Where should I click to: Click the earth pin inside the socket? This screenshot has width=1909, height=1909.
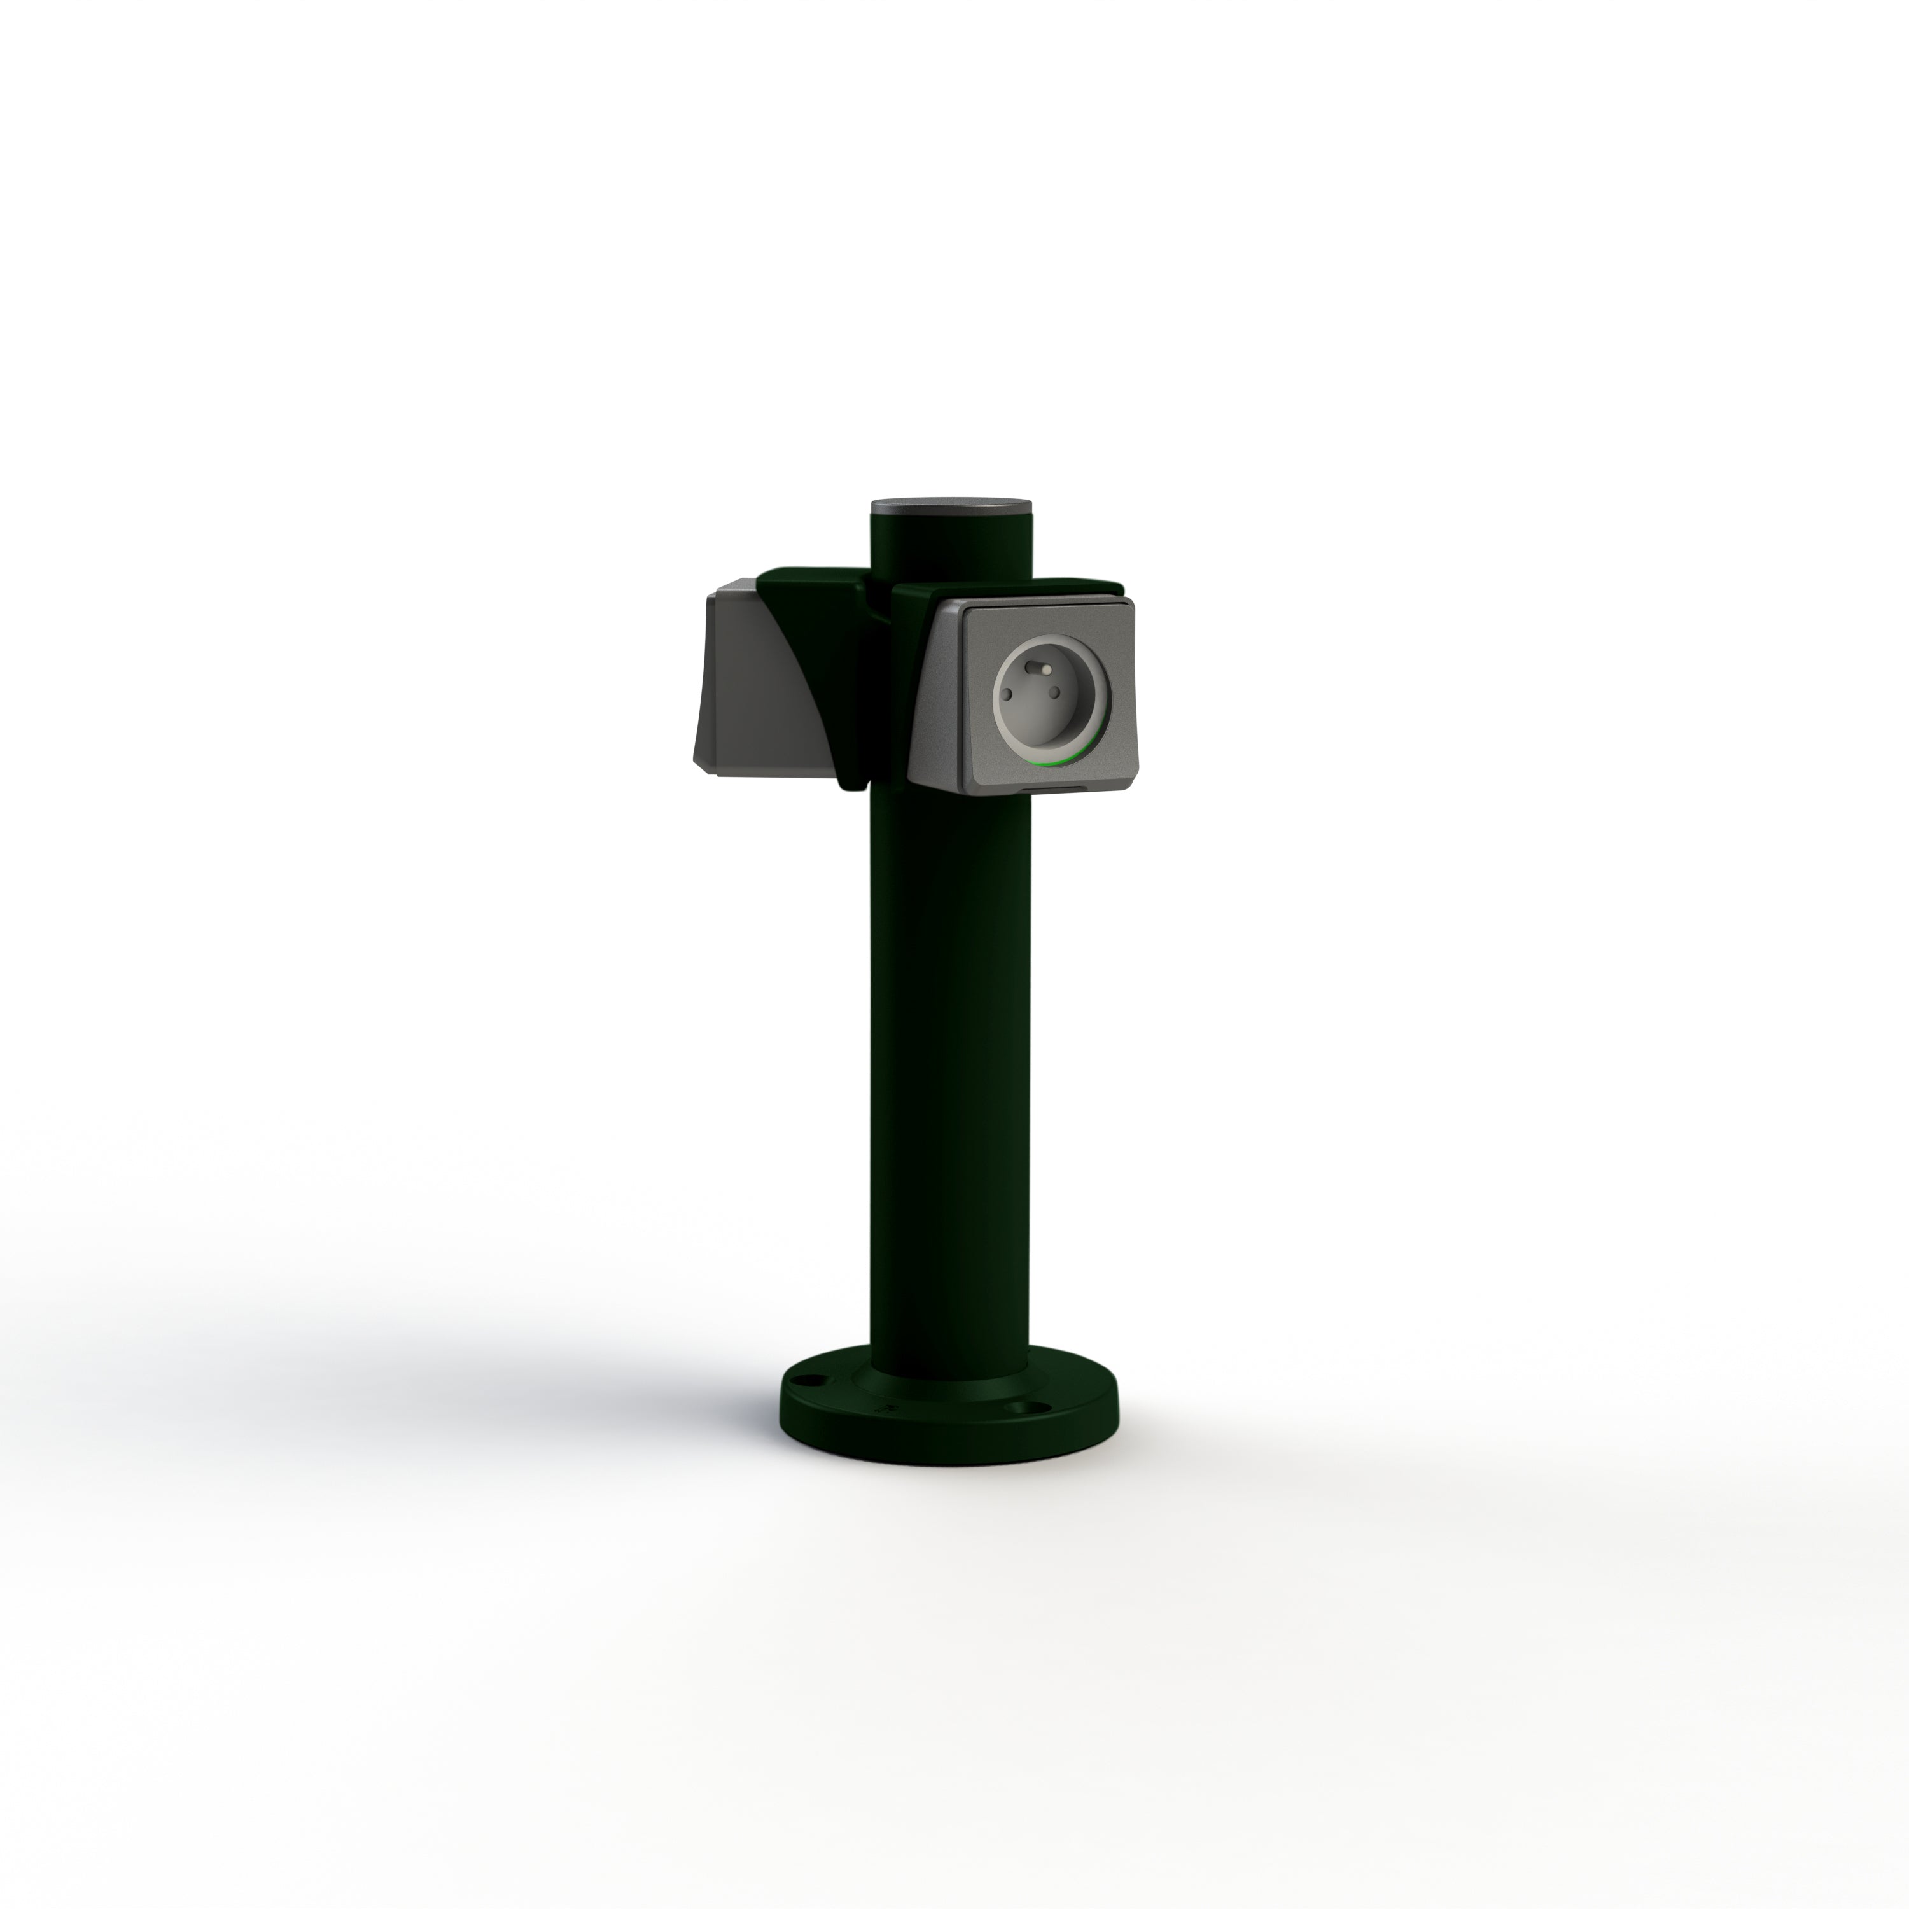tap(1040, 668)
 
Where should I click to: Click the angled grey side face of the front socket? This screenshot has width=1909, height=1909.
tap(934, 701)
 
